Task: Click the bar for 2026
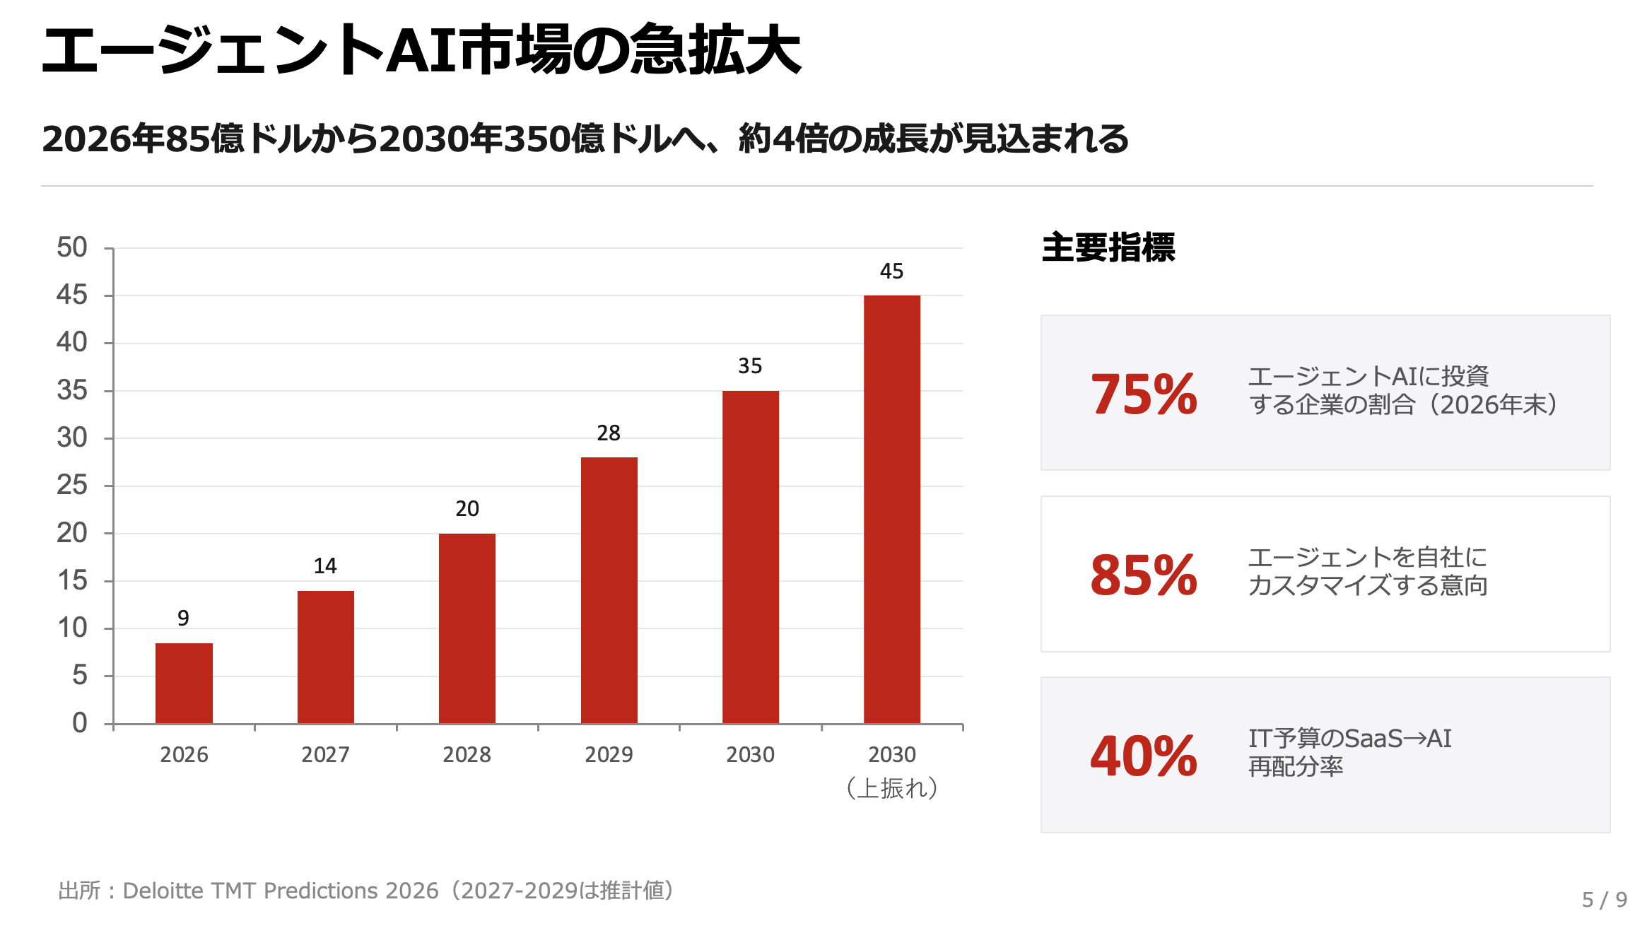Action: (x=184, y=683)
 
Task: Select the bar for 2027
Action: (x=325, y=657)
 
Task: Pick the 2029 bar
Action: (x=609, y=590)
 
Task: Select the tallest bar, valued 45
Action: (x=891, y=509)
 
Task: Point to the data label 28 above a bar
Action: (x=609, y=433)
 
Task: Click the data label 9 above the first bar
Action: (x=183, y=619)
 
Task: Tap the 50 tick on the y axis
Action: (x=72, y=247)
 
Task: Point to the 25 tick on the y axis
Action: (x=72, y=486)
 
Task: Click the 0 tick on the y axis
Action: (x=79, y=723)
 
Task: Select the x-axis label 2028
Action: (x=467, y=755)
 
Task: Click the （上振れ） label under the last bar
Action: (x=892, y=787)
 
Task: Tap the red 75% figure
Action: (x=1144, y=394)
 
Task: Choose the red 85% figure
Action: (x=1144, y=575)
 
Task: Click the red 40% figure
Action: (x=1144, y=756)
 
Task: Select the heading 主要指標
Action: (x=1108, y=247)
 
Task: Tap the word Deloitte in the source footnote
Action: (x=163, y=891)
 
